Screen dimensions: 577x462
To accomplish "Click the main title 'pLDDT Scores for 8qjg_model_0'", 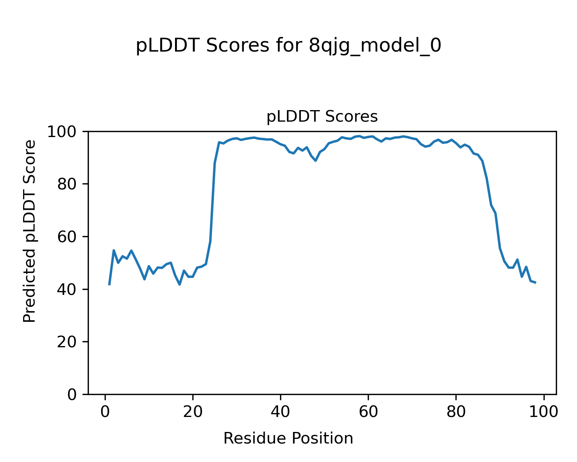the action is coord(288,46).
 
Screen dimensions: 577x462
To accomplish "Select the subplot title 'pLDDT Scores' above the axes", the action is coord(322,117).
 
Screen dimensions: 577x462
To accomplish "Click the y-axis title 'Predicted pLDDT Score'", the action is coord(29,231).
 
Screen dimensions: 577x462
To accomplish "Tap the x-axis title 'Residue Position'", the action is coord(288,439).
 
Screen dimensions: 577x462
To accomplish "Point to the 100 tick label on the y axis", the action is coord(65,132).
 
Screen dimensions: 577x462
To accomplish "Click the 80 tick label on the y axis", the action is coord(70,184).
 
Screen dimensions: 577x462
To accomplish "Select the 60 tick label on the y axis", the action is coord(70,237).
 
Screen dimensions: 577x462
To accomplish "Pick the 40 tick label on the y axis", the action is coord(70,290).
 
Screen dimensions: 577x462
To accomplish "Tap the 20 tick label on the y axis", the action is coord(70,342).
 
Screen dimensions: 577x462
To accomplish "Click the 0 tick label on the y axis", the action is coord(72,395).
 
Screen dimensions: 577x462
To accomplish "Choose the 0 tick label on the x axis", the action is coord(105,412).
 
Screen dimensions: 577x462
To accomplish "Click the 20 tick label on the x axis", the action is coord(193,412).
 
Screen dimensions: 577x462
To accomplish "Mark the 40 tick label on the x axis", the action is coord(280,412).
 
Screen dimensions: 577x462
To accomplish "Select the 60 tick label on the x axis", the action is coord(368,412).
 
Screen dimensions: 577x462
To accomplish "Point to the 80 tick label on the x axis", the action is coord(456,412).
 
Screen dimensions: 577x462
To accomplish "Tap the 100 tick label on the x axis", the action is coord(544,412).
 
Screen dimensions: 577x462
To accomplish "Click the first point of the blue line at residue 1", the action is coord(109,285).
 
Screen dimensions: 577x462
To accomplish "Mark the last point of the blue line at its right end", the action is coord(535,283).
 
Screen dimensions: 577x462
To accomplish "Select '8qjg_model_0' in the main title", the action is coord(375,46).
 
